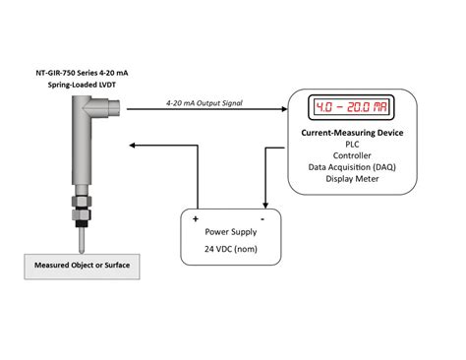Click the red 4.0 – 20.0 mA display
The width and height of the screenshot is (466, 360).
pos(349,106)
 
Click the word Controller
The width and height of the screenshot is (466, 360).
pos(351,155)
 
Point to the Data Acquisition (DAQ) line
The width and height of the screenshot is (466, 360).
pos(351,168)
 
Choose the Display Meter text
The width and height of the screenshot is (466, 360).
pos(351,181)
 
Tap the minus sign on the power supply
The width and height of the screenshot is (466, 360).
pos(262,218)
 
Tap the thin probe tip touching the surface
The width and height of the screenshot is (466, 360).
pos(79,241)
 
